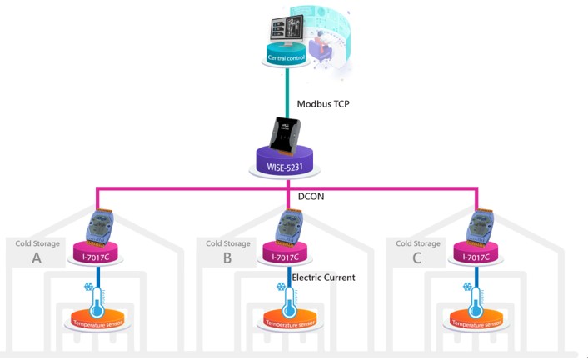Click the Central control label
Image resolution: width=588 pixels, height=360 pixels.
(288, 57)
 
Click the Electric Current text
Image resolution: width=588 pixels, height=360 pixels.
(323, 277)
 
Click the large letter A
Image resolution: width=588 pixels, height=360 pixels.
(37, 258)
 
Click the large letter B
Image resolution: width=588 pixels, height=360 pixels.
(227, 258)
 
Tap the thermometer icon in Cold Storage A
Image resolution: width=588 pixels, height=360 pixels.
(93, 297)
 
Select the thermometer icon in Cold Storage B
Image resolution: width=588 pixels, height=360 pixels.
(284, 297)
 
